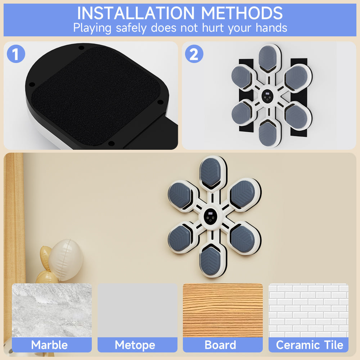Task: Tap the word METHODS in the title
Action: tap(242, 13)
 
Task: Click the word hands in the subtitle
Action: tap(271, 28)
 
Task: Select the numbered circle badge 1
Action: tap(16, 54)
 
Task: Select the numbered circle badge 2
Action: tap(194, 54)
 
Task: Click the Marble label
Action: tap(49, 345)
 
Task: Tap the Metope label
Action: tap(135, 345)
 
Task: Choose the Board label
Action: tap(220, 345)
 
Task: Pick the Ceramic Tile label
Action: tap(310, 345)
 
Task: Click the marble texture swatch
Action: tap(52, 310)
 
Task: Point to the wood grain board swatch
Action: tap(223, 310)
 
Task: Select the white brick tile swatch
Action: tap(309, 310)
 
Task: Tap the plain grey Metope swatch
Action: tap(138, 310)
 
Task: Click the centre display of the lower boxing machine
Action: tap(211, 216)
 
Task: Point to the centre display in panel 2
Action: tap(268, 96)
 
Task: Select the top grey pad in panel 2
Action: tap(267, 58)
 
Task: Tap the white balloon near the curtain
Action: tap(66, 260)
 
